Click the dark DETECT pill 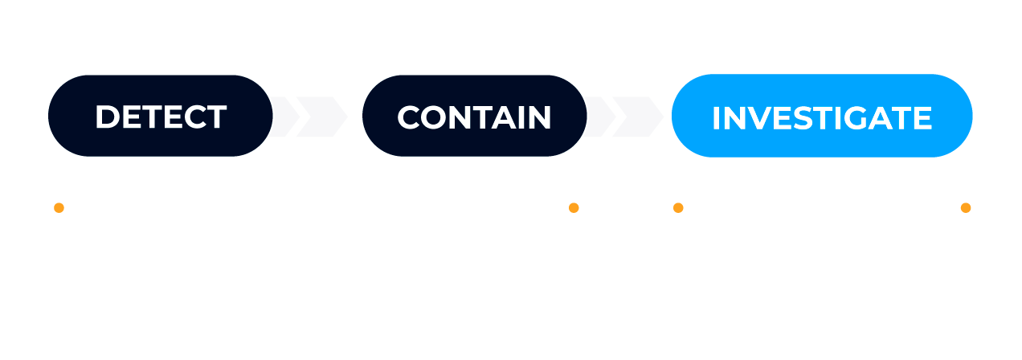click(160, 116)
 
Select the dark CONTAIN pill click(475, 116)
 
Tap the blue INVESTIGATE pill click(822, 116)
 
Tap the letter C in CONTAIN click(408, 117)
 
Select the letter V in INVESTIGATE click(761, 118)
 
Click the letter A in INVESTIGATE click(895, 118)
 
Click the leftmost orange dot click(59, 208)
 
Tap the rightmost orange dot click(966, 208)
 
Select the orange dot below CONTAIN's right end click(574, 208)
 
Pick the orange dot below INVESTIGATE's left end click(678, 208)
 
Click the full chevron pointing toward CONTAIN click(322, 117)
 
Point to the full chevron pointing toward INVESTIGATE click(638, 117)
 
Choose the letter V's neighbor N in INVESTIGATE click(734, 118)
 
